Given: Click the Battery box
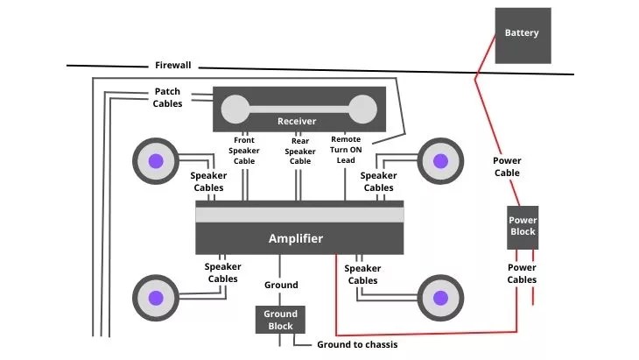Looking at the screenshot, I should (x=522, y=35).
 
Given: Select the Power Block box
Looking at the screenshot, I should (x=523, y=226).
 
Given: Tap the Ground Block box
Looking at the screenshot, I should (x=281, y=320).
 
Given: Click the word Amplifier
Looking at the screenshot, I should (x=295, y=238).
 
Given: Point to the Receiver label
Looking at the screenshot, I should (x=297, y=121).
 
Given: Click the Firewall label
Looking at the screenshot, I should (x=172, y=66).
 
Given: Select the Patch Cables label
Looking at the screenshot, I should (x=168, y=97).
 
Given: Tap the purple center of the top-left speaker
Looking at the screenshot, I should (x=156, y=161).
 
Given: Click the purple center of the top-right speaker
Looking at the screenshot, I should (x=440, y=161).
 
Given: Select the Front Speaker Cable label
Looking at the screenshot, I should (x=244, y=150).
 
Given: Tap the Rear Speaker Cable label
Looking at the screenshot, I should (x=300, y=150).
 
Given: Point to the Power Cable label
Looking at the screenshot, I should (x=507, y=166).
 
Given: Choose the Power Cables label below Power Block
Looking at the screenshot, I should (x=522, y=273).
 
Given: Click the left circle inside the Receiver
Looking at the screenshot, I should (x=234, y=109).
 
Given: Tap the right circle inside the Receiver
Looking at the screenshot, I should (x=361, y=109).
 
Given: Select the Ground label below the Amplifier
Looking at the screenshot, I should (x=281, y=285).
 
